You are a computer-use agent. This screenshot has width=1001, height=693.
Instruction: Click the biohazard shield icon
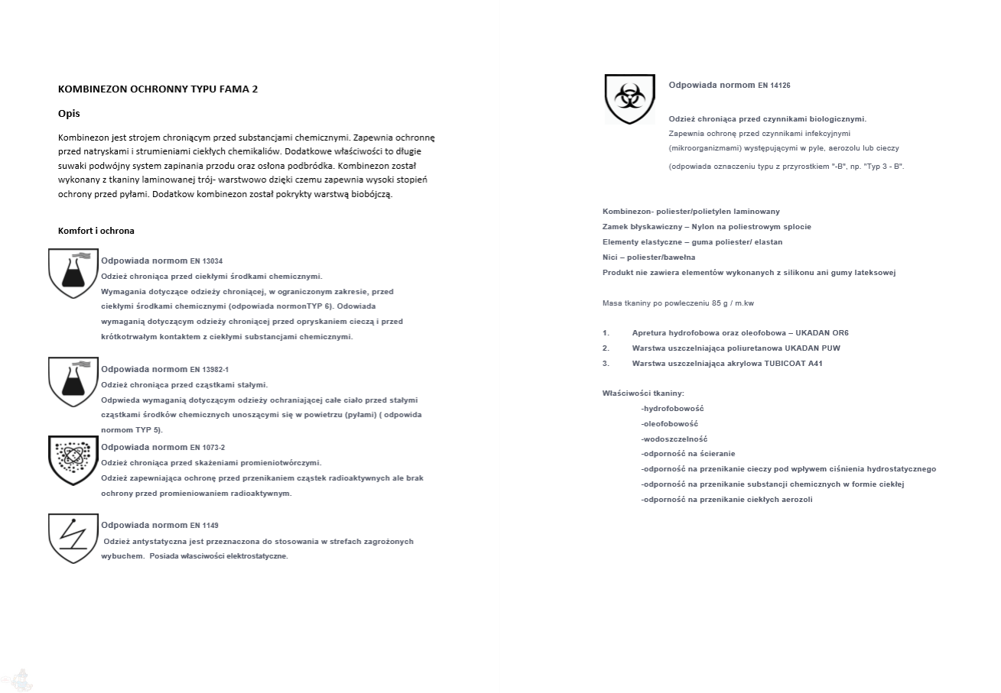tap(629, 99)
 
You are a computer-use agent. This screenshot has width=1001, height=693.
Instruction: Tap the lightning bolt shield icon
tap(73, 538)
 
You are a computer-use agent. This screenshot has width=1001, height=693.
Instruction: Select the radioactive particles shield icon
tap(73, 459)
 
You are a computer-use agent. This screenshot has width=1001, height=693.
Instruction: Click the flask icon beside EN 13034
tap(73, 273)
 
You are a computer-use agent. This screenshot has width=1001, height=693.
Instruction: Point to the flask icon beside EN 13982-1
tap(73, 381)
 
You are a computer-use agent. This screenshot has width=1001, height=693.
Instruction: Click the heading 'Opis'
tap(69, 114)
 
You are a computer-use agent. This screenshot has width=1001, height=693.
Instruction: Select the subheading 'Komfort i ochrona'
tap(96, 231)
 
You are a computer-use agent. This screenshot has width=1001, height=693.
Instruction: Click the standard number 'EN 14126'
tap(774, 86)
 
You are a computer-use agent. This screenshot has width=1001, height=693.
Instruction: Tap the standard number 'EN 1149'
tap(204, 526)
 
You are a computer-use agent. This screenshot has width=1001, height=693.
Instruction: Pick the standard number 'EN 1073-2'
tap(207, 448)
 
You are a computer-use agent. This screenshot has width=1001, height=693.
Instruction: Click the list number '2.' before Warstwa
tap(606, 348)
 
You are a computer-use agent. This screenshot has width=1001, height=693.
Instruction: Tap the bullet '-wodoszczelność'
tap(674, 439)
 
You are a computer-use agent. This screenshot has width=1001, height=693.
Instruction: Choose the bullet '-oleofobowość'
tap(669, 424)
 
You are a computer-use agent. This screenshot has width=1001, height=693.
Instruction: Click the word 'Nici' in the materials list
tap(610, 257)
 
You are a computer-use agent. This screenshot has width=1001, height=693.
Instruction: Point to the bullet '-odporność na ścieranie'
tap(687, 454)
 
